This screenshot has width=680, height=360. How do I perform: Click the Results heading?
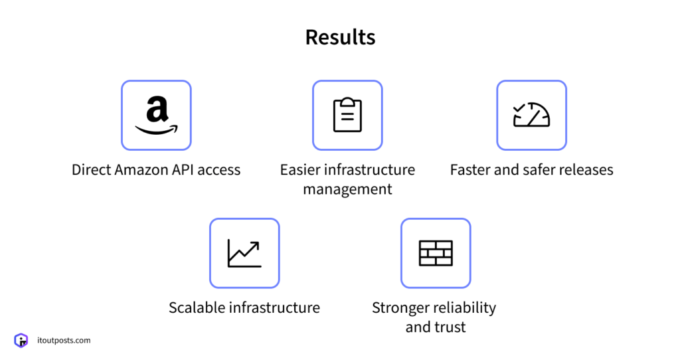(340, 37)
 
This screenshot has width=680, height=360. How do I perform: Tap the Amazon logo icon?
(156, 115)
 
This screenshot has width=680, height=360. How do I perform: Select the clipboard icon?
(347, 115)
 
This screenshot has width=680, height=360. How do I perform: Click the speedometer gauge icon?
(531, 115)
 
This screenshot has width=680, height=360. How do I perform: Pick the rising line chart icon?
(244, 252)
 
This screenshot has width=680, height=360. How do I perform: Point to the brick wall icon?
(436, 252)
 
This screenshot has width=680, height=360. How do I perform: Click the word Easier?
(300, 170)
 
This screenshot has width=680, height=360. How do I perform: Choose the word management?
(347, 189)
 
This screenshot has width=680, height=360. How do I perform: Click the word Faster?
(471, 170)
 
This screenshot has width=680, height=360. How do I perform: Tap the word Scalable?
(197, 308)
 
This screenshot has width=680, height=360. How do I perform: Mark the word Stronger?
(400, 308)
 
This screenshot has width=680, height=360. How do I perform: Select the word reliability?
(464, 308)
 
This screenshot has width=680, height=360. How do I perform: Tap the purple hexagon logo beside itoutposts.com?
(21, 341)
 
